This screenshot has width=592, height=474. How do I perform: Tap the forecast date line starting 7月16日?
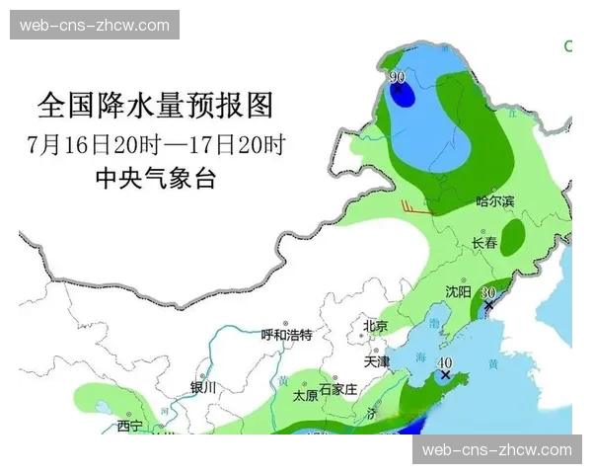[x=158, y=145]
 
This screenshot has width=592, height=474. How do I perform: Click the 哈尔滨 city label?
[x=495, y=201]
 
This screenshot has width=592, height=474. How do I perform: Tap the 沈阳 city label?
[x=458, y=292]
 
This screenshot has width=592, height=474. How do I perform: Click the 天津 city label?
[x=378, y=361]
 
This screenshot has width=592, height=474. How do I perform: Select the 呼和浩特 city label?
[x=286, y=335]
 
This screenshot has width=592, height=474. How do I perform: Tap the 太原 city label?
[x=305, y=395]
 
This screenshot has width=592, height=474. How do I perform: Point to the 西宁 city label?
[x=129, y=426]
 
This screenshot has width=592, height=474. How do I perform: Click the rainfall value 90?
[x=398, y=77]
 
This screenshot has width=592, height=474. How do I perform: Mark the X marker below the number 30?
[x=488, y=307]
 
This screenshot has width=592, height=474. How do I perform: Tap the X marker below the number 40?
[x=446, y=375]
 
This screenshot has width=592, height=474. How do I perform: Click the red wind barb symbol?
[x=414, y=207]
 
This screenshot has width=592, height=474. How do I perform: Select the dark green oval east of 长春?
[x=513, y=235]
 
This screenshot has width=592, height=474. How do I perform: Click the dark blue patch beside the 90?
[x=403, y=95]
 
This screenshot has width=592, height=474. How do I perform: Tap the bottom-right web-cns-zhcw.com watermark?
[x=496, y=450]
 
